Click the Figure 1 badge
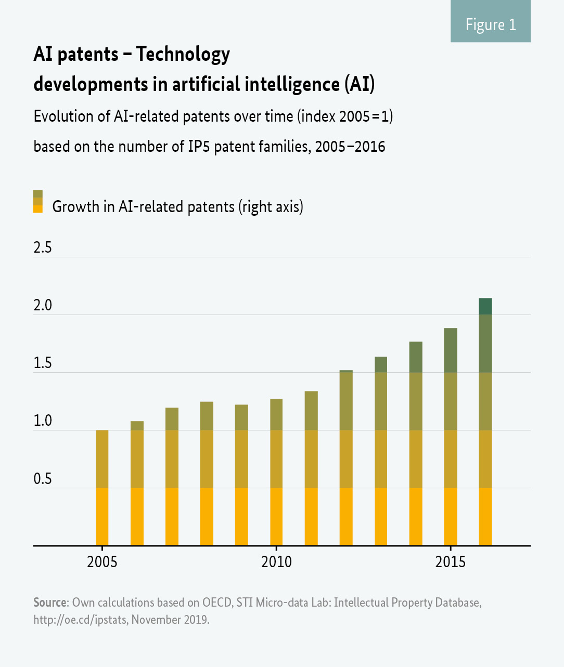click(490, 24)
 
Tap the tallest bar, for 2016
click(485, 422)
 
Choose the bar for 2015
click(450, 437)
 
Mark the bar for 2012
click(346, 458)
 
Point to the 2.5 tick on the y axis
click(43, 247)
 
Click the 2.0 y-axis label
click(43, 305)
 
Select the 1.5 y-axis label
click(43, 363)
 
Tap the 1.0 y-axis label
click(43, 421)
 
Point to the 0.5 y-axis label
click(43, 478)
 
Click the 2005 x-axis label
click(102, 562)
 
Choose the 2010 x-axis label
click(276, 562)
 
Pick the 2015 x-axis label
click(450, 562)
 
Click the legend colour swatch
click(38, 202)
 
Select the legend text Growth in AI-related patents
click(177, 206)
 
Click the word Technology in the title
click(183, 54)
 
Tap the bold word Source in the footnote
click(50, 603)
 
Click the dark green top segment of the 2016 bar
click(485, 306)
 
